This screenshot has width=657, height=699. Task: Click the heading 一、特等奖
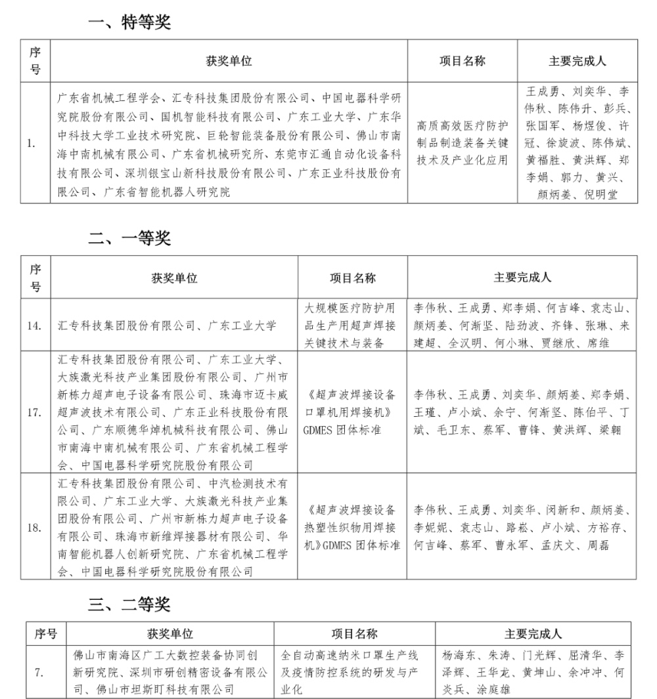click(129, 23)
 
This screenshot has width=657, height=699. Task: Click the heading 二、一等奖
click(129, 239)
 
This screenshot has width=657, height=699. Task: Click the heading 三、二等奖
click(129, 604)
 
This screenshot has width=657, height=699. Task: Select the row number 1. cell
click(31, 142)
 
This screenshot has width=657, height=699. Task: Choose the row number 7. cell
click(40, 673)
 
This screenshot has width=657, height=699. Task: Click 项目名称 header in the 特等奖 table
click(462, 61)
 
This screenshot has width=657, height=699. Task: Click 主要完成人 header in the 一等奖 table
click(522, 278)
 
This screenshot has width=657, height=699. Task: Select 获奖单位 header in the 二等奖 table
click(170, 635)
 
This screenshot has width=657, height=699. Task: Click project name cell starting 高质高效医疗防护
click(462, 142)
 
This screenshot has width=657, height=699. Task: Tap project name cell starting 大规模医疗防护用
click(352, 325)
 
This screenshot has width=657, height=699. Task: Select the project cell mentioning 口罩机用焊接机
click(352, 412)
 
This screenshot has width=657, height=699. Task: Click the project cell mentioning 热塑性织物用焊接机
click(352, 527)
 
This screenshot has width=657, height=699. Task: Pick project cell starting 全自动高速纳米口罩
click(354, 673)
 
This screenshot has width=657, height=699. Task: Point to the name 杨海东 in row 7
click(457, 656)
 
